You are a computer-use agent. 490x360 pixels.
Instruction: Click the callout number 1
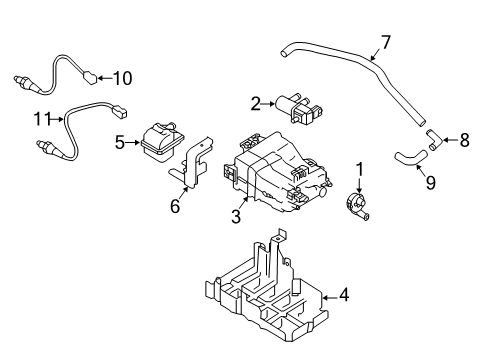[x=361, y=169]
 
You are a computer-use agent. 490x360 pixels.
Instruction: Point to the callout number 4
[x=345, y=295]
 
